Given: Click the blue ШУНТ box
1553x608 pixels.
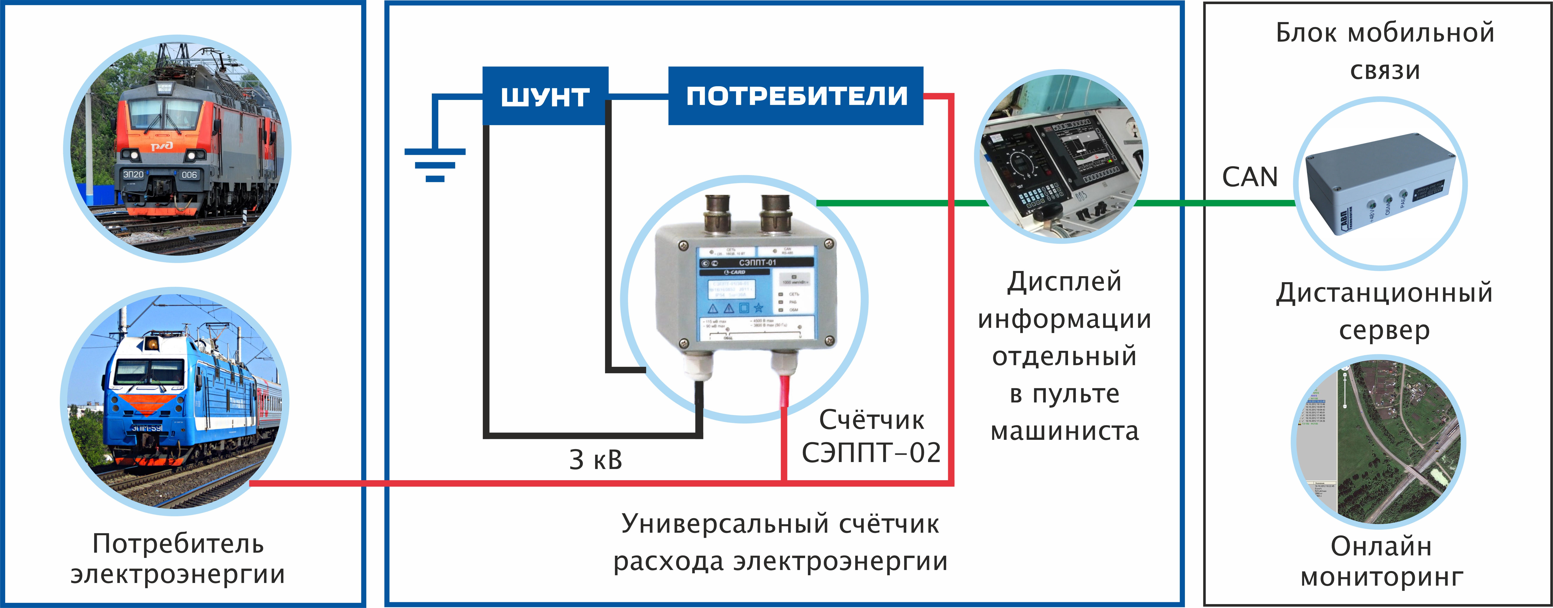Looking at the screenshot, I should (x=545, y=97).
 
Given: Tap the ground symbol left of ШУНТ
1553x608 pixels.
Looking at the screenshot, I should (x=435, y=163).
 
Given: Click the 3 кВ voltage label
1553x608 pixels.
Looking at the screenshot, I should (x=595, y=460).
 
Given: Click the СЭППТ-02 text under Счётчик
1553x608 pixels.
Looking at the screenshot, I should (x=871, y=453).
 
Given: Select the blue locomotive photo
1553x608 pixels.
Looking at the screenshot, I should (x=175, y=401).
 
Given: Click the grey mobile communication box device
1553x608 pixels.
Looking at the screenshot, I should (x=1381, y=184).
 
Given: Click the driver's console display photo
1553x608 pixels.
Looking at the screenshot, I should (x=1061, y=158).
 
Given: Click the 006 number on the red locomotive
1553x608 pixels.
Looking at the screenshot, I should (x=189, y=175).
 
